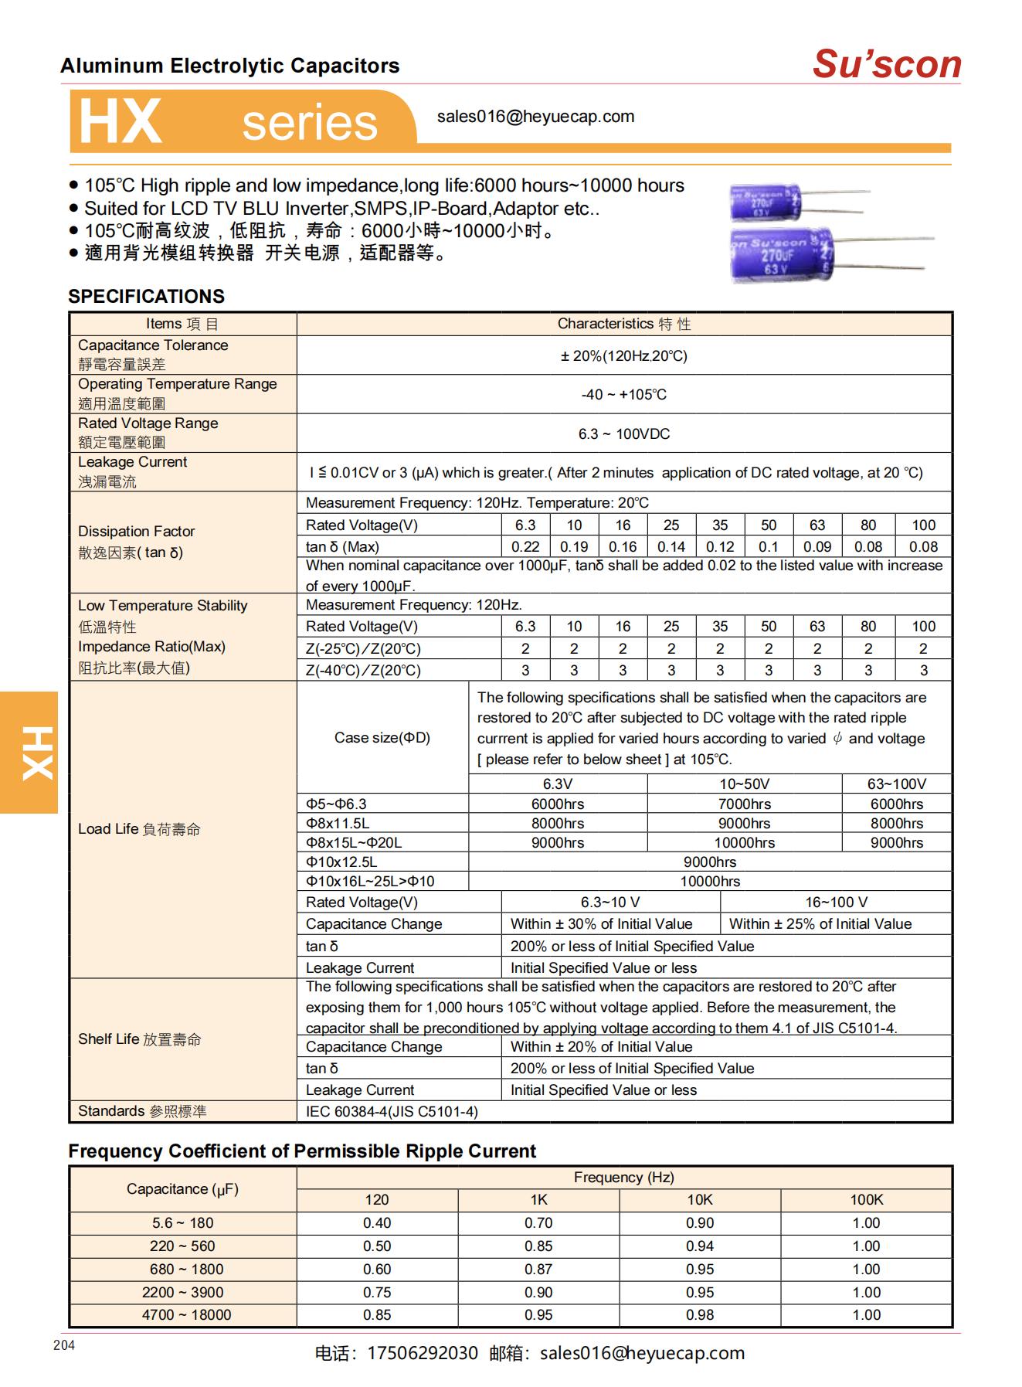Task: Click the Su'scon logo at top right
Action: pos(886,64)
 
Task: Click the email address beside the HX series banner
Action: pos(535,117)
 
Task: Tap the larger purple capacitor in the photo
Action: pos(780,254)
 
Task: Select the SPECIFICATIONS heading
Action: pos(146,297)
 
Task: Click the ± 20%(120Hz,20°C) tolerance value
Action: pos(623,355)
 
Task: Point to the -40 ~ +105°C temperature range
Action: pos(623,395)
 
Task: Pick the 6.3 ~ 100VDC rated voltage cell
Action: pos(623,433)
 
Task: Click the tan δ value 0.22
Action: pos(525,546)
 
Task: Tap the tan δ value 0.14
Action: pos(671,546)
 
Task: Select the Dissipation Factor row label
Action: pos(136,532)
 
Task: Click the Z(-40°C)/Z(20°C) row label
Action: pos(363,671)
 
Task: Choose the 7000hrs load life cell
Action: pos(744,804)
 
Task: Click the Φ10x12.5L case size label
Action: pos(341,862)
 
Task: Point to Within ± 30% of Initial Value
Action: pos(601,924)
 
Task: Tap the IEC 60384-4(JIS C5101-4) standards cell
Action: pos(392,1111)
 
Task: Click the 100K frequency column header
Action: pos(866,1199)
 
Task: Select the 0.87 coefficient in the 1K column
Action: pos(538,1269)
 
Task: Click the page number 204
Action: pos(64,1345)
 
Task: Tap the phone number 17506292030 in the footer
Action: pos(422,1353)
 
